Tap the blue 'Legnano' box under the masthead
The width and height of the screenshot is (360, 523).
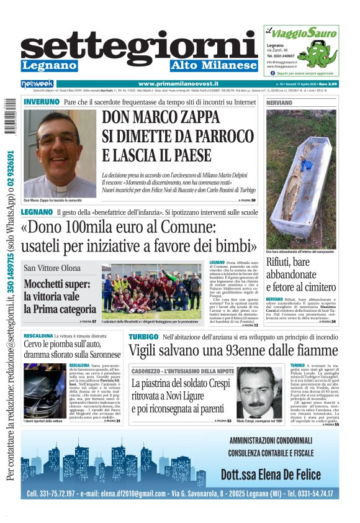pos(49,66)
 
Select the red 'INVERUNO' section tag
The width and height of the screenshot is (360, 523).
pos(42,102)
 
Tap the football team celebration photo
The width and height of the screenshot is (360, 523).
pos(153,291)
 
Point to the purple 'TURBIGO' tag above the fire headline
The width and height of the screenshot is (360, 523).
pos(143,337)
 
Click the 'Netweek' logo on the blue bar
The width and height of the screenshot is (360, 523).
pos(37,84)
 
